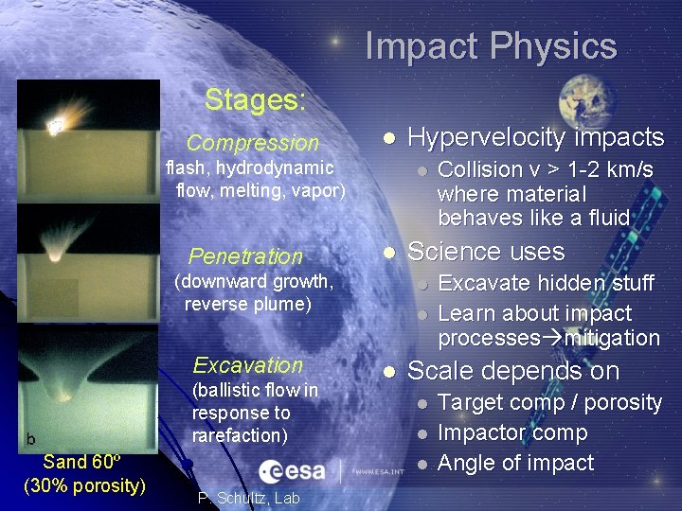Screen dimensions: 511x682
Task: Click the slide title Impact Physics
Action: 491,45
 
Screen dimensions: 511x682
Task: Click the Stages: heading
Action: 255,99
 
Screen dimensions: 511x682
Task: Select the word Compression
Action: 253,143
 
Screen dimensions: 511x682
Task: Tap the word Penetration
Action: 245,255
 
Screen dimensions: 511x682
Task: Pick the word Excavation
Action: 248,364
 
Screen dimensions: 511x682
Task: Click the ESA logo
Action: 293,470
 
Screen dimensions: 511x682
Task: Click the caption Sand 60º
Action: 81,463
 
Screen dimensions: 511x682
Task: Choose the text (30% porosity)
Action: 84,486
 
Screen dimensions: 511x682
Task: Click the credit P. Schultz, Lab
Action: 248,499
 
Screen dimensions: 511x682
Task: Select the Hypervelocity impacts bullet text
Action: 535,138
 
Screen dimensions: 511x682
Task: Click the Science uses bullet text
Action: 485,252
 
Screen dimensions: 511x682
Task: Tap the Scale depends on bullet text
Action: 512,371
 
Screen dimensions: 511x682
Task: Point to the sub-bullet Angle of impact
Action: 515,463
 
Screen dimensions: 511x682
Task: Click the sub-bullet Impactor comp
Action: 512,432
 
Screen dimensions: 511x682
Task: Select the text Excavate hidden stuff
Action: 546,283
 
